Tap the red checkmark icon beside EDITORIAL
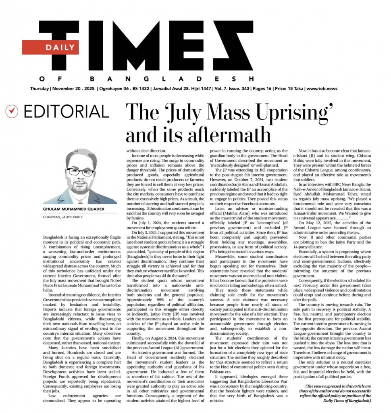(x=12, y=112)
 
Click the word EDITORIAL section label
(x=66, y=112)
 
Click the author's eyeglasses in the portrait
(x=81, y=171)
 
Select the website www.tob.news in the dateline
(x=322, y=89)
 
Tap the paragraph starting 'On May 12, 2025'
(x=338, y=225)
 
